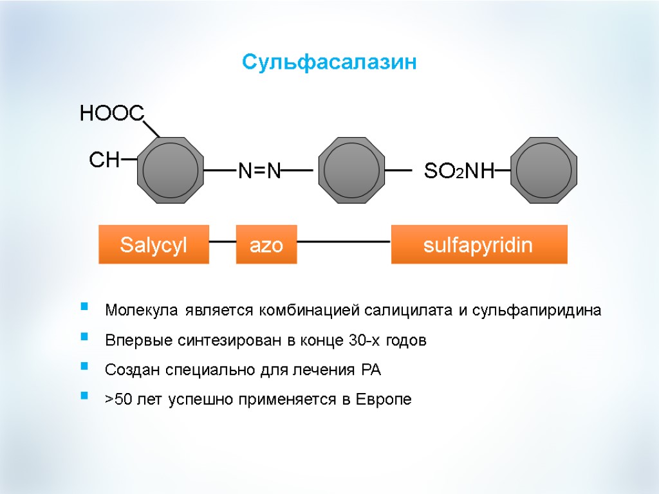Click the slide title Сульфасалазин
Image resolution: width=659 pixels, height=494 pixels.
click(x=329, y=62)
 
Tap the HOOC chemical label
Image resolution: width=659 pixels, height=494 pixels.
click(x=111, y=114)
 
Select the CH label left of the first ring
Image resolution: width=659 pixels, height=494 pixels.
click(x=104, y=160)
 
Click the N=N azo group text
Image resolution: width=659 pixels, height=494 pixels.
click(x=259, y=171)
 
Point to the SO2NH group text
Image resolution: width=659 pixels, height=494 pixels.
click(x=459, y=171)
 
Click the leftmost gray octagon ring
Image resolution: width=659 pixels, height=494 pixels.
click(x=171, y=170)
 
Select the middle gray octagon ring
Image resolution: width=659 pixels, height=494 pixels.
click(x=351, y=170)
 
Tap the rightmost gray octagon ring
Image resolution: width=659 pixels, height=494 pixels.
click(x=544, y=170)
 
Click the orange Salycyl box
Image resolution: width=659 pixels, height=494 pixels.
click(x=154, y=244)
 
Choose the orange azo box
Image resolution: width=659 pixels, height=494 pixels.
click(x=266, y=244)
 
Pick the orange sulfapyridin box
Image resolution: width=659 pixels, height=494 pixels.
click(x=479, y=244)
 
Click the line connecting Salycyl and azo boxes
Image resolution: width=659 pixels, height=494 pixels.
click(x=223, y=242)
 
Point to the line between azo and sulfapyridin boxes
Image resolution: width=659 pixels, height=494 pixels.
click(x=344, y=242)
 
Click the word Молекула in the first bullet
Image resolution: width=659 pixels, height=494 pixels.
click(x=142, y=311)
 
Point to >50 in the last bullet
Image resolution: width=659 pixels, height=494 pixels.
click(x=119, y=399)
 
